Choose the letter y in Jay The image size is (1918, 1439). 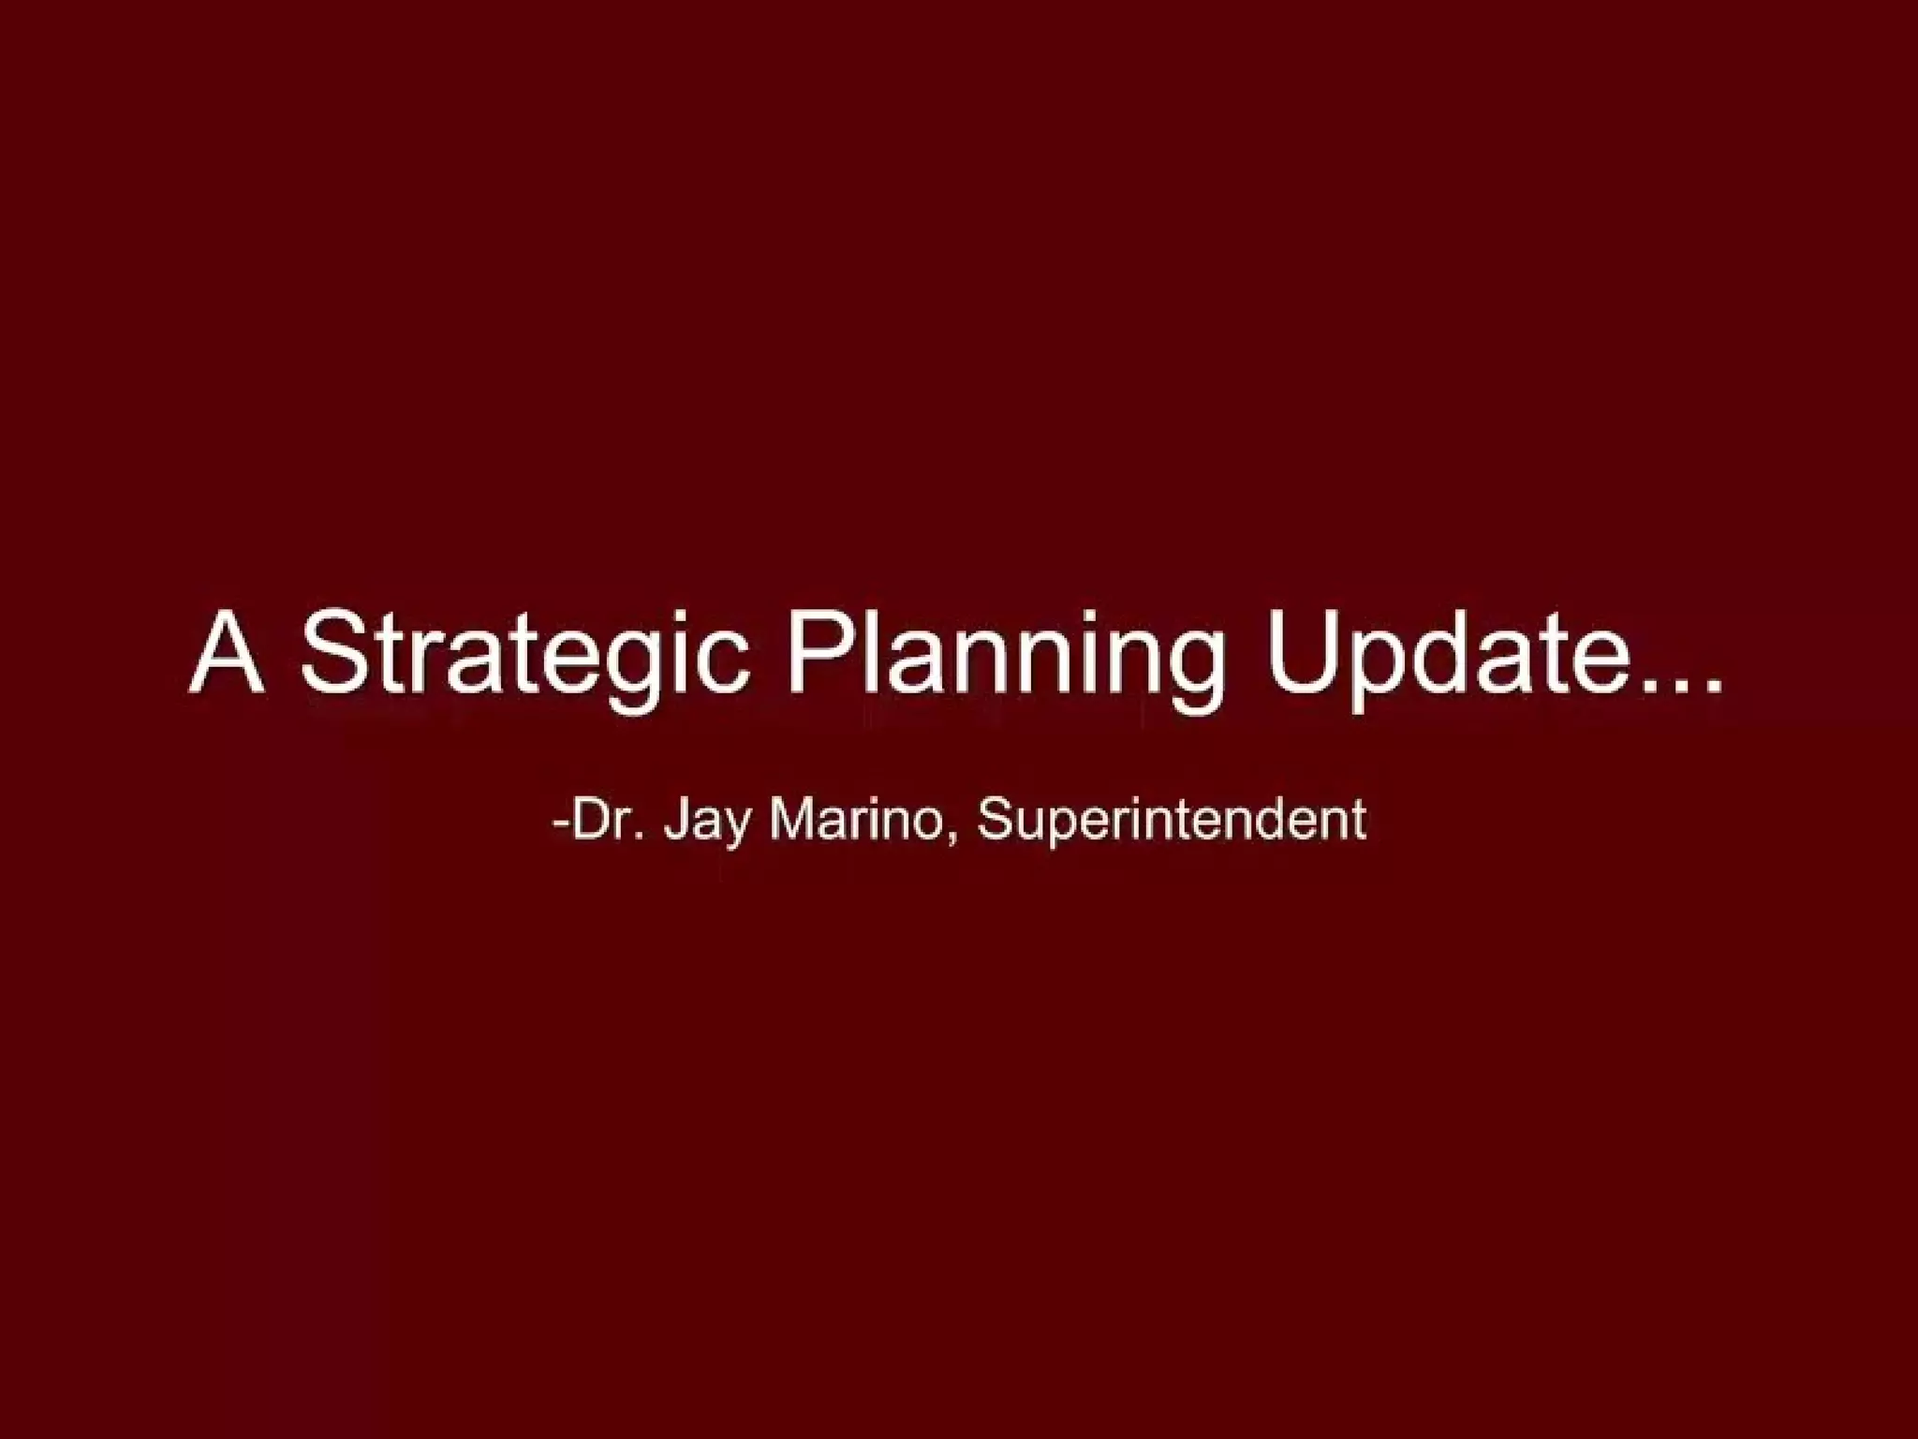tap(737, 828)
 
